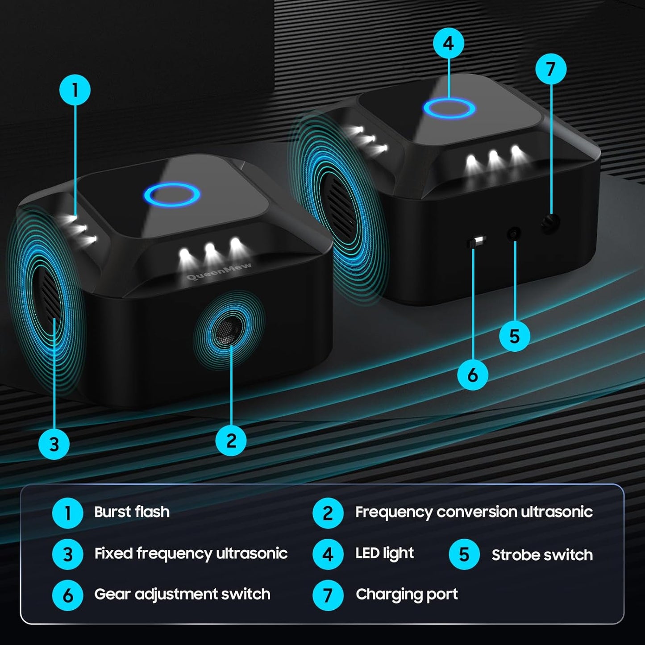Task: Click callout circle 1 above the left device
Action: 75,90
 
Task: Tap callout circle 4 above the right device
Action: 449,43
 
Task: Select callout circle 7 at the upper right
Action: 551,69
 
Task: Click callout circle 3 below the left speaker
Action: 54,444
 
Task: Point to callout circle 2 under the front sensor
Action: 231,440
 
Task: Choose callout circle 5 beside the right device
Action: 515,336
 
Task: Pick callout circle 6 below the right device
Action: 473,375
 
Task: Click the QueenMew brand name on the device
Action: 219,271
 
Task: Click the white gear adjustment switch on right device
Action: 477,241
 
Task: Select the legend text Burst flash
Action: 132,512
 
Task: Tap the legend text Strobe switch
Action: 542,555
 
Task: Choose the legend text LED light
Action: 385,553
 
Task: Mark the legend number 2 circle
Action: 328,513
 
